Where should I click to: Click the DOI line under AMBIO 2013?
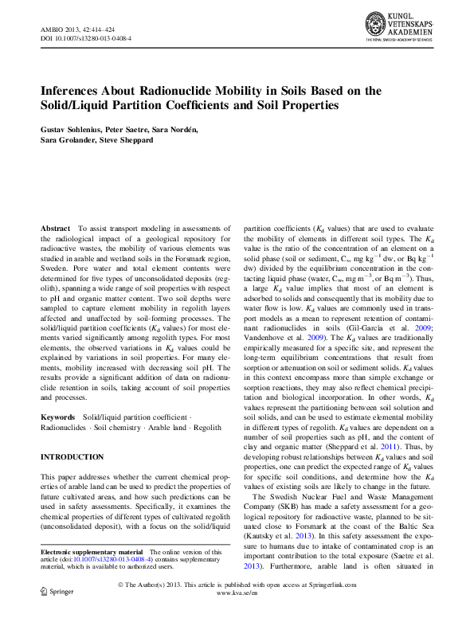pos(86,37)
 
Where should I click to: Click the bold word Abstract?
pos(55,229)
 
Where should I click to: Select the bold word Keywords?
pos(58,417)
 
